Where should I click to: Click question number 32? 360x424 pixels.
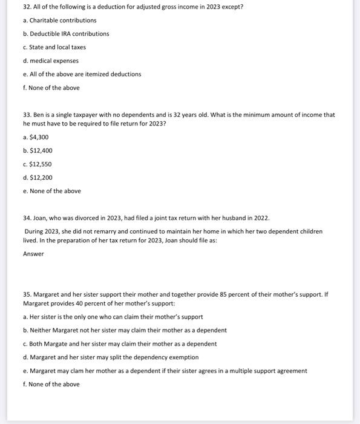[27, 7]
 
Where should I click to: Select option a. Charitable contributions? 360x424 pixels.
[59, 20]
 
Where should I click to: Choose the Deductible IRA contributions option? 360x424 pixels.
[66, 33]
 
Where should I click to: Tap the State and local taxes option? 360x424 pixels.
[54, 47]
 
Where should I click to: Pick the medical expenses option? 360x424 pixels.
[50, 61]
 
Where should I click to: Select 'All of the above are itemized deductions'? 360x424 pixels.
[82, 74]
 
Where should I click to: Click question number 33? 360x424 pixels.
[27, 114]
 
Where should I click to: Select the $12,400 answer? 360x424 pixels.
[38, 150]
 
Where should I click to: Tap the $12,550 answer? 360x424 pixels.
[38, 164]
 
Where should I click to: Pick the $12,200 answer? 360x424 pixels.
[38, 177]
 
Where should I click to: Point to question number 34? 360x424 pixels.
[27, 217]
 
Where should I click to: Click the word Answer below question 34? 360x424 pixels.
[33, 254]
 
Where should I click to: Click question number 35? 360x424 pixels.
[27, 294]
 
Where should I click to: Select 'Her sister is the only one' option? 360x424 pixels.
[113, 317]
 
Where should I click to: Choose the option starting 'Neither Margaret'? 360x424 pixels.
[125, 330]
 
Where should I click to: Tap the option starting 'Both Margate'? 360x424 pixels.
[119, 343]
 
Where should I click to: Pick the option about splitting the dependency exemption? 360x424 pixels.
[111, 357]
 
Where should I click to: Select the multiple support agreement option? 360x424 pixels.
[165, 371]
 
